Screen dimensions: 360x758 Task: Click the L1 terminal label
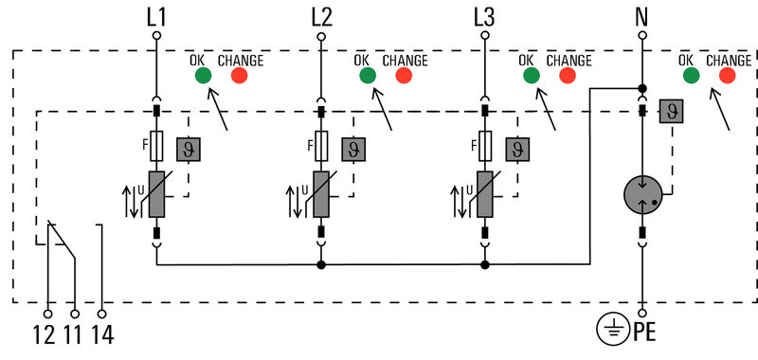(x=157, y=16)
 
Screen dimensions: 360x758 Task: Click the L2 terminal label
(x=321, y=16)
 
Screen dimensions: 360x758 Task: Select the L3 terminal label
(x=485, y=16)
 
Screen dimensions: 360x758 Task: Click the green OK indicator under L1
(x=202, y=76)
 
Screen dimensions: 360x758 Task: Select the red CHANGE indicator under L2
(x=405, y=76)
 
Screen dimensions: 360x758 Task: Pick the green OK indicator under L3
(x=531, y=76)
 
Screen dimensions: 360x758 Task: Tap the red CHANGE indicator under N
(x=729, y=76)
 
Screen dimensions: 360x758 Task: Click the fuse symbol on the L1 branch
(x=157, y=146)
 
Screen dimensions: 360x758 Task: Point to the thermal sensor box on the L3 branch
(x=518, y=149)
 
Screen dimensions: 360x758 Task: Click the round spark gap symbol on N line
(x=643, y=195)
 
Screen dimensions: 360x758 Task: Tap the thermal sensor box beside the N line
(x=672, y=111)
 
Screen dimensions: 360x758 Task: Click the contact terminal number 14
(x=101, y=333)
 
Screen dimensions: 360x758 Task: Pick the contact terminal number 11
(x=74, y=333)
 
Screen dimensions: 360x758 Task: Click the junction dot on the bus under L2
(x=321, y=265)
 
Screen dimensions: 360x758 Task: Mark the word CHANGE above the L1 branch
(x=241, y=60)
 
